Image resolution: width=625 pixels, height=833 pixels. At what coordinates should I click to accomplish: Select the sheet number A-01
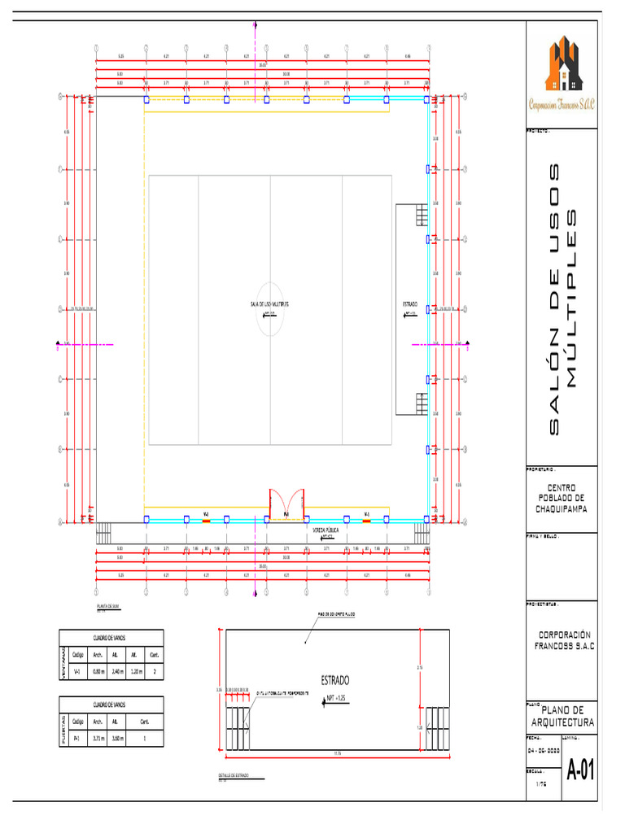(580, 769)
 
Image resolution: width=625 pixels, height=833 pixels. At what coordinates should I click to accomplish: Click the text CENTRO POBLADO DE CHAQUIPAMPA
(562, 498)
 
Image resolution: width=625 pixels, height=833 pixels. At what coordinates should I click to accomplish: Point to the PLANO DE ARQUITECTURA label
(562, 717)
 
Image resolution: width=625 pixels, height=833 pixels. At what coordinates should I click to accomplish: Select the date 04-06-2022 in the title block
(542, 749)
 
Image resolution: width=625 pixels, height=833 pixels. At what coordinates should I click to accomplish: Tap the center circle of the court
(270, 309)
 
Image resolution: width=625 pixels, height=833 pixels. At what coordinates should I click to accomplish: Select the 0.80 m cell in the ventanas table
(97, 672)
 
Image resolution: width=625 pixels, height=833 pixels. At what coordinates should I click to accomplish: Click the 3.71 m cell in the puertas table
(97, 739)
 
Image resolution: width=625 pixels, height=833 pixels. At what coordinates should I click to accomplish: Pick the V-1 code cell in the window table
(77, 672)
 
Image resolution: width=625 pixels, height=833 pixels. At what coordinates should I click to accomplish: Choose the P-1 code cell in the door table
(77, 739)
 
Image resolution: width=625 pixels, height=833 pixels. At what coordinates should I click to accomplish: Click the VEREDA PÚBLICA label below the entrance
(326, 529)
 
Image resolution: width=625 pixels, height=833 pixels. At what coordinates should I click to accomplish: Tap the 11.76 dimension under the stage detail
(337, 753)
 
